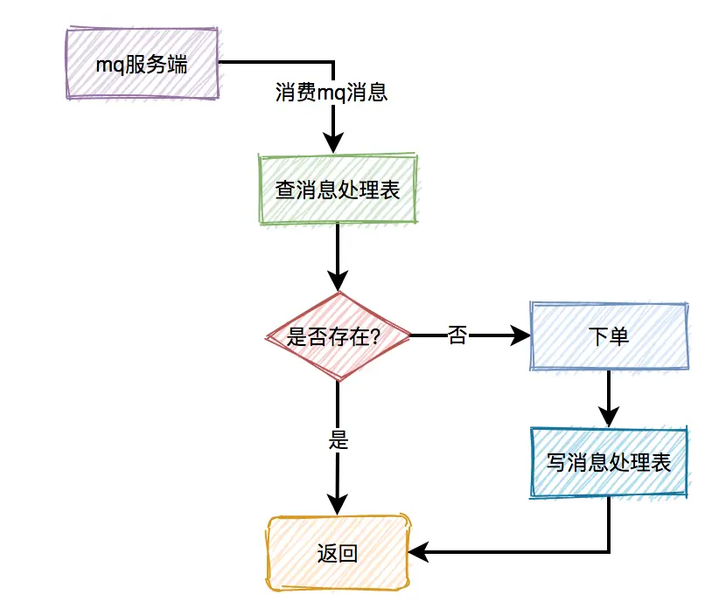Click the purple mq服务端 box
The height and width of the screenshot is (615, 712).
141,64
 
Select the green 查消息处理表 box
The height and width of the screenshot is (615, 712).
338,190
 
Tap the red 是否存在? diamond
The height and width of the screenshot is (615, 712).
337,336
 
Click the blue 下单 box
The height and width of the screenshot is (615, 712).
609,336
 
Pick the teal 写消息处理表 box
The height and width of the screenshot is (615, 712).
609,462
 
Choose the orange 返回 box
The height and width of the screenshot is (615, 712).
337,553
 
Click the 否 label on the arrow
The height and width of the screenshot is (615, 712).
457,335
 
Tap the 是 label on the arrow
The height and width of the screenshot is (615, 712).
338,439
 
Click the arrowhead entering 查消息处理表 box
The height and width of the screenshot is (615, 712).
334,144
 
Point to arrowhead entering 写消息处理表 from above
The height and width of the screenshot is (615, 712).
610,417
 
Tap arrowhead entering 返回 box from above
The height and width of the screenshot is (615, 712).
337,505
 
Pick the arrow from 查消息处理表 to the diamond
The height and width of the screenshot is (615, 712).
337,253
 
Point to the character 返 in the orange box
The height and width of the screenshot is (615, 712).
326,554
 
